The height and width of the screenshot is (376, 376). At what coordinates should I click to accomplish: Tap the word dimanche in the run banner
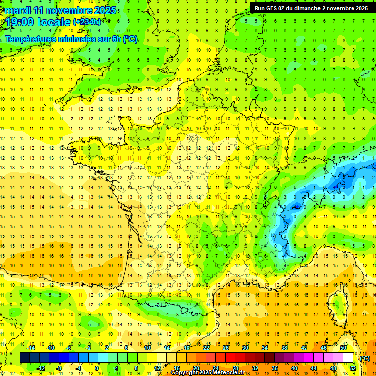316,8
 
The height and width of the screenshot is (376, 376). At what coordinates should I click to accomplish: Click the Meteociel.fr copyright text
211,373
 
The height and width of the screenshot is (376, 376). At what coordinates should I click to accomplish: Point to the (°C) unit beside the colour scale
364,359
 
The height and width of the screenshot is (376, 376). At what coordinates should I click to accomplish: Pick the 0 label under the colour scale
97,368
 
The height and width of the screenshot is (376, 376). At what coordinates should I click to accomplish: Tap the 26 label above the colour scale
226,348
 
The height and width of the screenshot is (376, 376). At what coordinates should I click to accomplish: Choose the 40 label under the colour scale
294,368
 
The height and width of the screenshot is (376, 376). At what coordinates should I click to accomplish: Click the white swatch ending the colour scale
348,358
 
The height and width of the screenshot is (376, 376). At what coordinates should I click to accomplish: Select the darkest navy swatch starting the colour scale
24,358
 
